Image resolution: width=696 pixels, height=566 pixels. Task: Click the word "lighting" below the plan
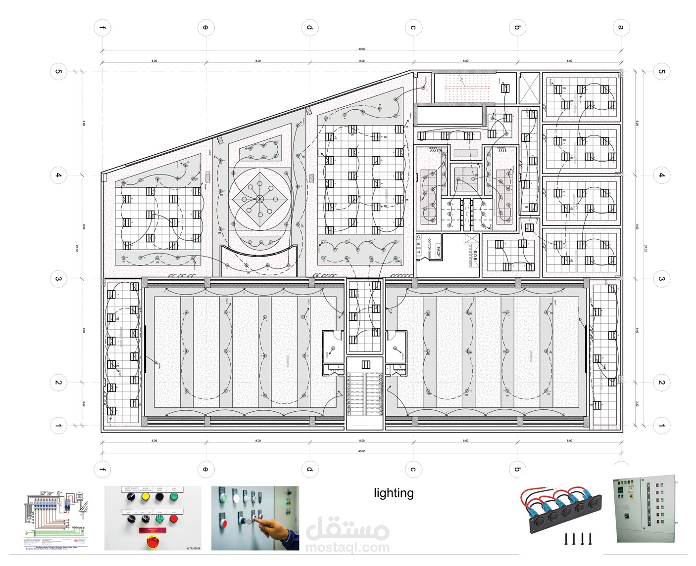tap(394, 493)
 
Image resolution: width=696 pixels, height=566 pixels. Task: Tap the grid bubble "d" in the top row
tap(309, 27)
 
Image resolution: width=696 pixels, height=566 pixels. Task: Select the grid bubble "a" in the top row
tap(621, 27)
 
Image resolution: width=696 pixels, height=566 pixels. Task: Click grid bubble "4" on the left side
tap(58, 175)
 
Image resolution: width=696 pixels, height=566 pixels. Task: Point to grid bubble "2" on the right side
tap(661, 383)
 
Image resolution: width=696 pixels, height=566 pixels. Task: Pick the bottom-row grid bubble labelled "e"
tap(205, 469)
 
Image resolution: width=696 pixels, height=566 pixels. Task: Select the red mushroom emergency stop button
tap(152, 542)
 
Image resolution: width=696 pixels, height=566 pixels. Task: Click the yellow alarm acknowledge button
tap(146, 496)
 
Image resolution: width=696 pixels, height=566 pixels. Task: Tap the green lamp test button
tap(174, 496)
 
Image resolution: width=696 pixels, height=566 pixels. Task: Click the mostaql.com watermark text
tap(348, 548)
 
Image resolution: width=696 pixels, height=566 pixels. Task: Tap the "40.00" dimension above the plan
tap(362, 49)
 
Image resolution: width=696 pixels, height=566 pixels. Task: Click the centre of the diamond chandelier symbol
tap(259, 199)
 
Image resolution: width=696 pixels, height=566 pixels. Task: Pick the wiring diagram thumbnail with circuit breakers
tap(56, 517)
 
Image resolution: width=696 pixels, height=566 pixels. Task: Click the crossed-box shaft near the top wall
tap(529, 89)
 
